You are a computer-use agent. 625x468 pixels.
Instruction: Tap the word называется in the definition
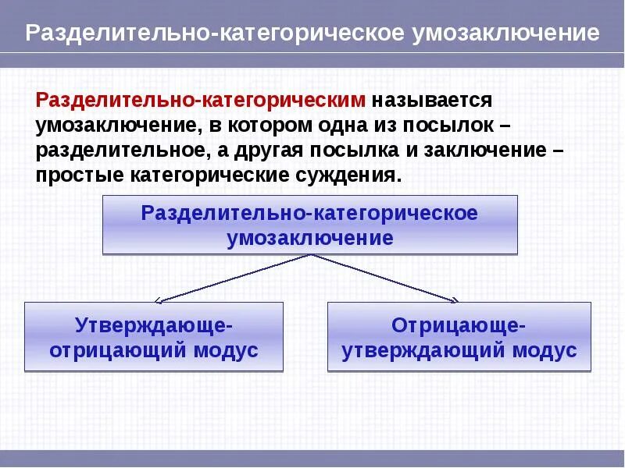point(432,100)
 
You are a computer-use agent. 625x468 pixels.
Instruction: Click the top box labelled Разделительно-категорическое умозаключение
point(309,225)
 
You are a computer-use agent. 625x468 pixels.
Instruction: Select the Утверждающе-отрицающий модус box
point(154,337)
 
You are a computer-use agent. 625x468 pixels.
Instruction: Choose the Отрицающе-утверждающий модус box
point(459,337)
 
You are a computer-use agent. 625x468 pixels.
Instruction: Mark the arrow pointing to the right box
point(391,278)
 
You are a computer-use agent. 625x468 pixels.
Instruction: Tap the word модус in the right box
point(545,350)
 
